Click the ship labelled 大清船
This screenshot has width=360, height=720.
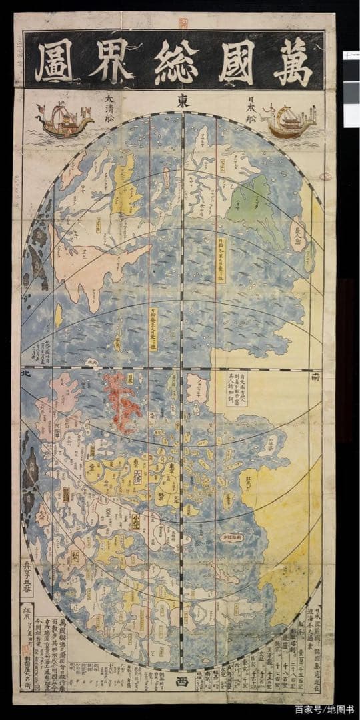63,119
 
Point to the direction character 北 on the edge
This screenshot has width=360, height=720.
26,375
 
